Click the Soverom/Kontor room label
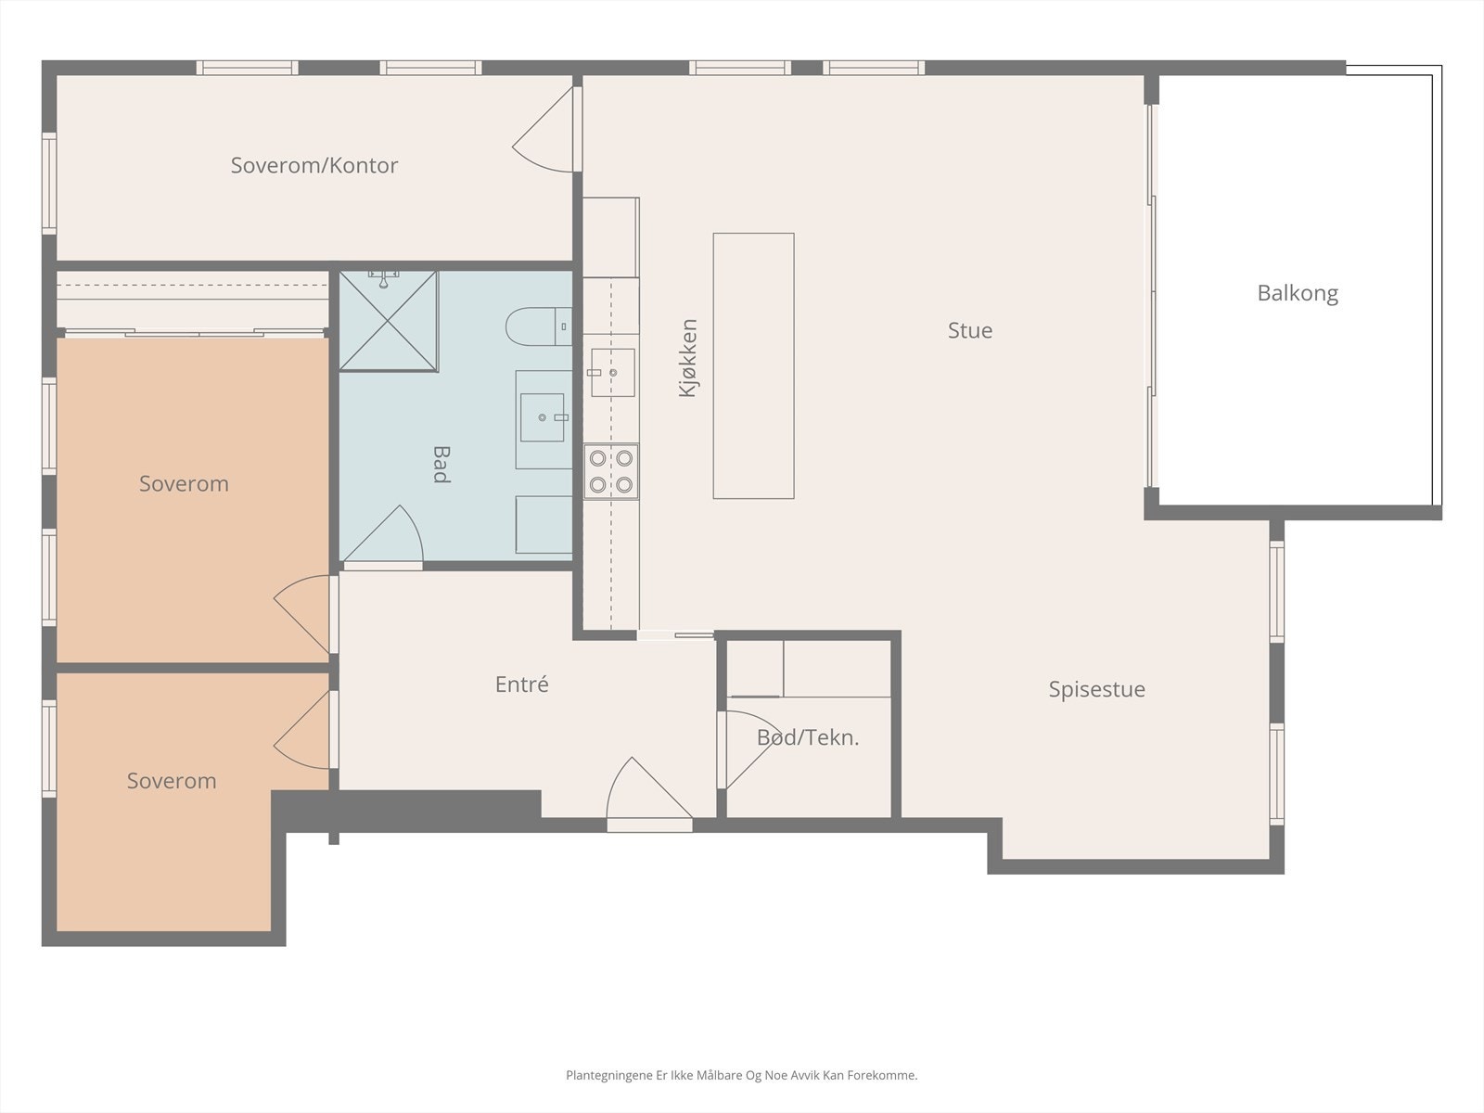click(314, 166)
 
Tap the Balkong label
click(1298, 293)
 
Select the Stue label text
click(970, 330)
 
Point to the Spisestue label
click(1096, 689)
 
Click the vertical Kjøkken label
click(688, 358)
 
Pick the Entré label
click(521, 684)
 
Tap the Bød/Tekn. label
click(808, 737)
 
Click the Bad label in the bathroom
click(441, 465)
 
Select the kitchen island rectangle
click(754, 366)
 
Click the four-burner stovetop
click(611, 472)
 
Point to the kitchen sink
click(612, 372)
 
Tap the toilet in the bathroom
click(539, 326)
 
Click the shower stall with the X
click(388, 321)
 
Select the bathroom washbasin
click(543, 417)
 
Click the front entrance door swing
click(649, 790)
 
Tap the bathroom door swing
click(384, 535)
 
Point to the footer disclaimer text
click(742, 1075)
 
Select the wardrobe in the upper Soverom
click(193, 302)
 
